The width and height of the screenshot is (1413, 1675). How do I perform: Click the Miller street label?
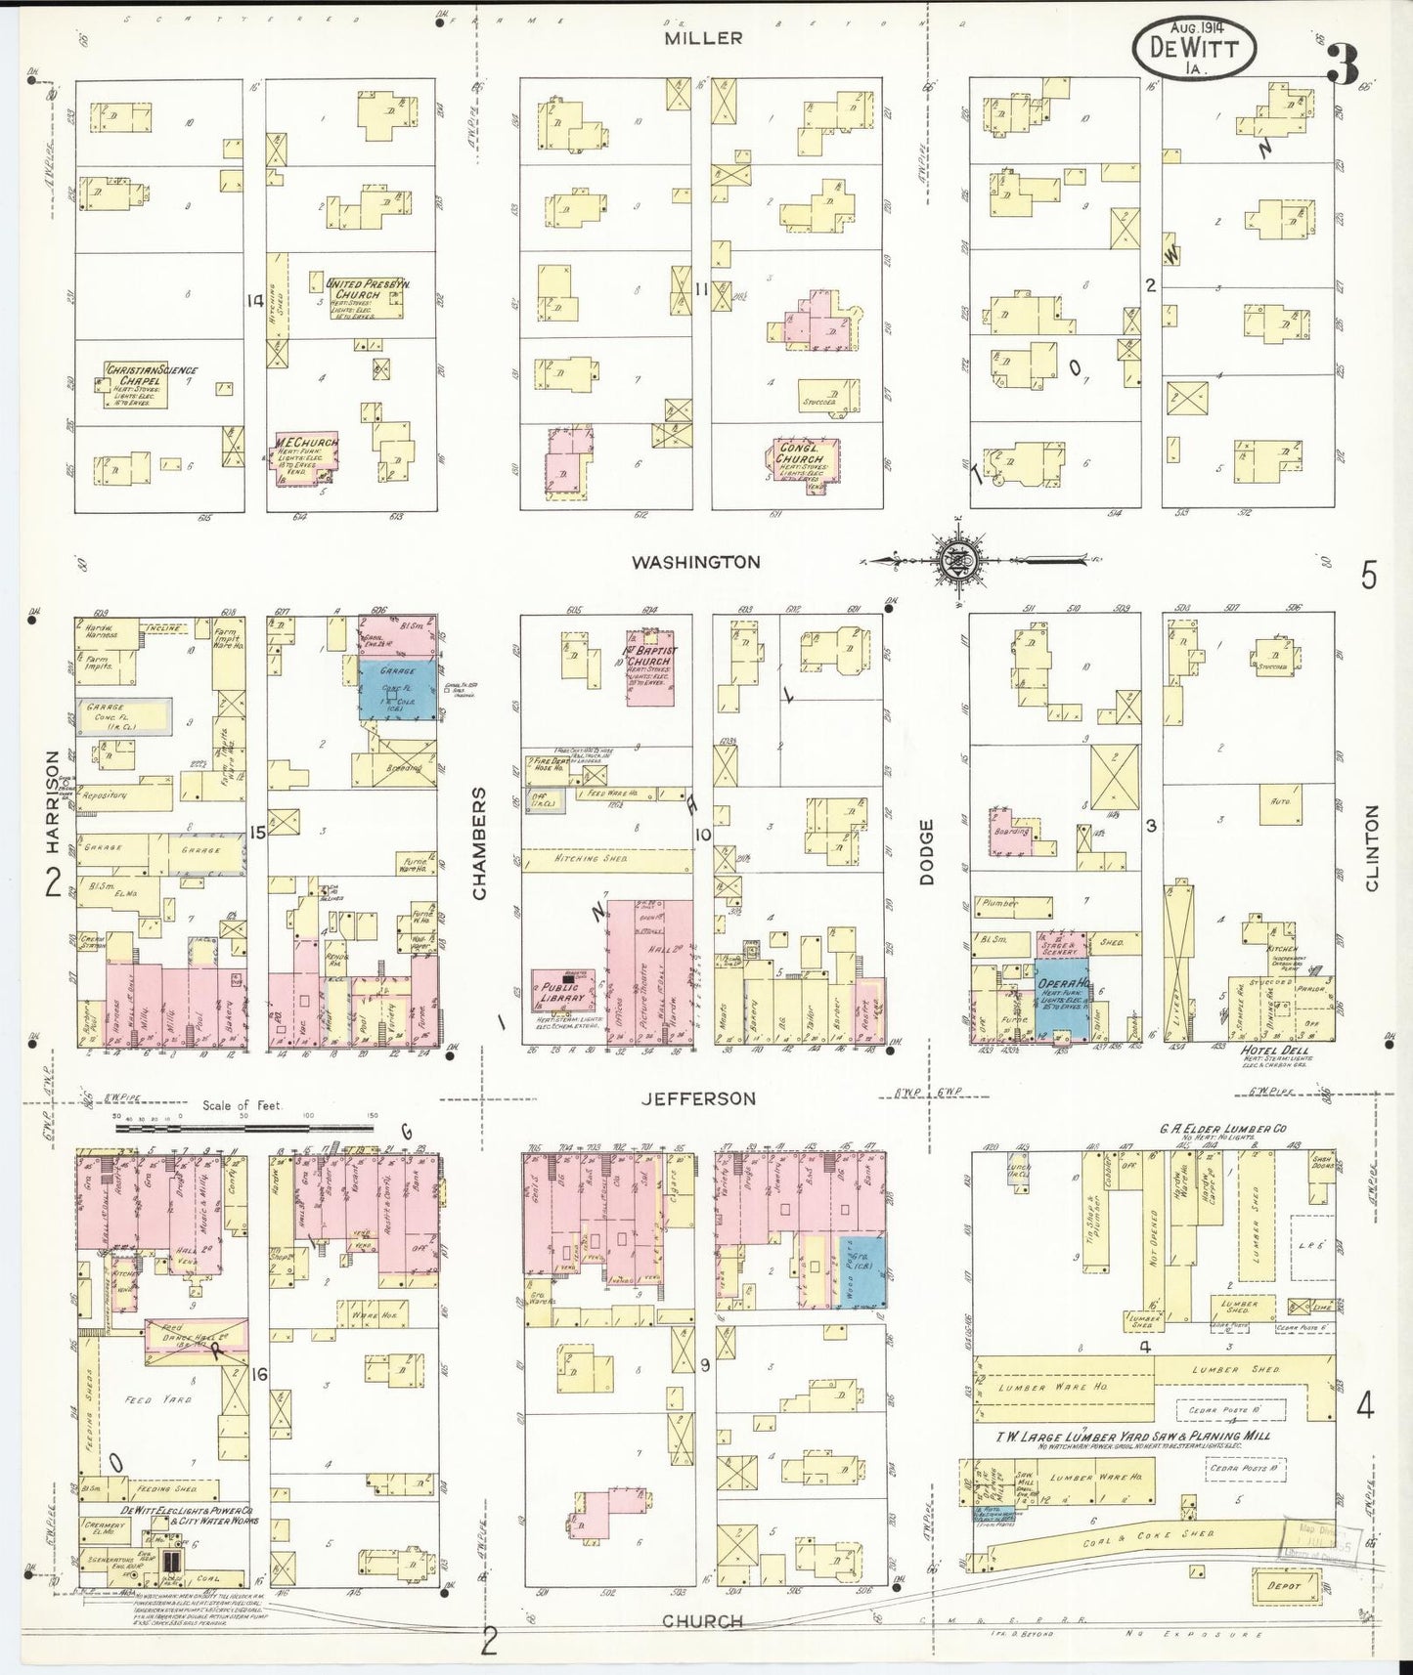[x=703, y=38]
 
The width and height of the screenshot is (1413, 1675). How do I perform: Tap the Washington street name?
[x=695, y=562]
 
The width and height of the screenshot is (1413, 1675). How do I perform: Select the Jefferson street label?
[x=698, y=1098]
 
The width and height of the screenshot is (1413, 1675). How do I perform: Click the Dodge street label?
[x=926, y=852]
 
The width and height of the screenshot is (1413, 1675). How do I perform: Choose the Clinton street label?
[x=1370, y=847]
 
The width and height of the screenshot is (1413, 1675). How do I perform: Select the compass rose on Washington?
[x=952, y=561]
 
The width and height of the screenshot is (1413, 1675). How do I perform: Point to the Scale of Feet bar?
[x=244, y=1127]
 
